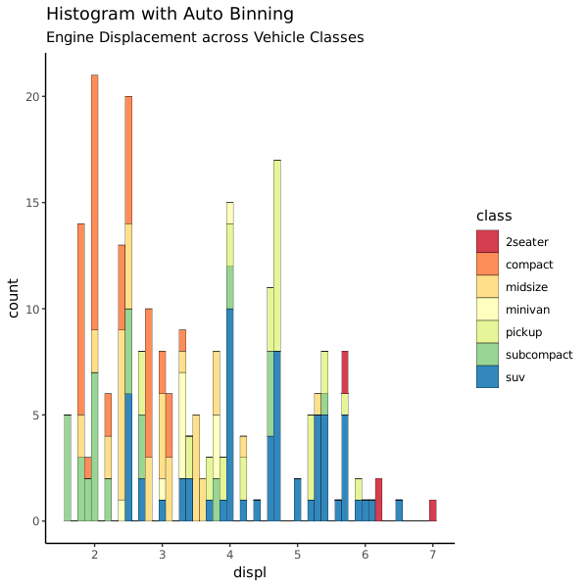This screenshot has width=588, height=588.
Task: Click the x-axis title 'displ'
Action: (249, 571)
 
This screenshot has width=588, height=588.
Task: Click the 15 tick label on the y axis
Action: (30, 203)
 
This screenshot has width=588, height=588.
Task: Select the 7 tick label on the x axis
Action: (432, 555)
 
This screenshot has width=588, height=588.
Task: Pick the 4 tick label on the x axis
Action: (229, 555)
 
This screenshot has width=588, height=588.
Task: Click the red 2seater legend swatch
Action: (488, 241)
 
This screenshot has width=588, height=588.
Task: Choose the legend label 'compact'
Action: (529, 265)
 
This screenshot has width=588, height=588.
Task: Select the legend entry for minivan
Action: (528, 310)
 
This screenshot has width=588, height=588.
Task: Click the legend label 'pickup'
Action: (524, 332)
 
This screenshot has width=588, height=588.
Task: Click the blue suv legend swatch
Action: (488, 376)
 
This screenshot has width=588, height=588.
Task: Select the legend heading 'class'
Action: (494, 216)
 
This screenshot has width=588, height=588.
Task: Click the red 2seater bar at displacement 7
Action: (432, 510)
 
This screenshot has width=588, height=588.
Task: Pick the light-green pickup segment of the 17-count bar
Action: (277, 255)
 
